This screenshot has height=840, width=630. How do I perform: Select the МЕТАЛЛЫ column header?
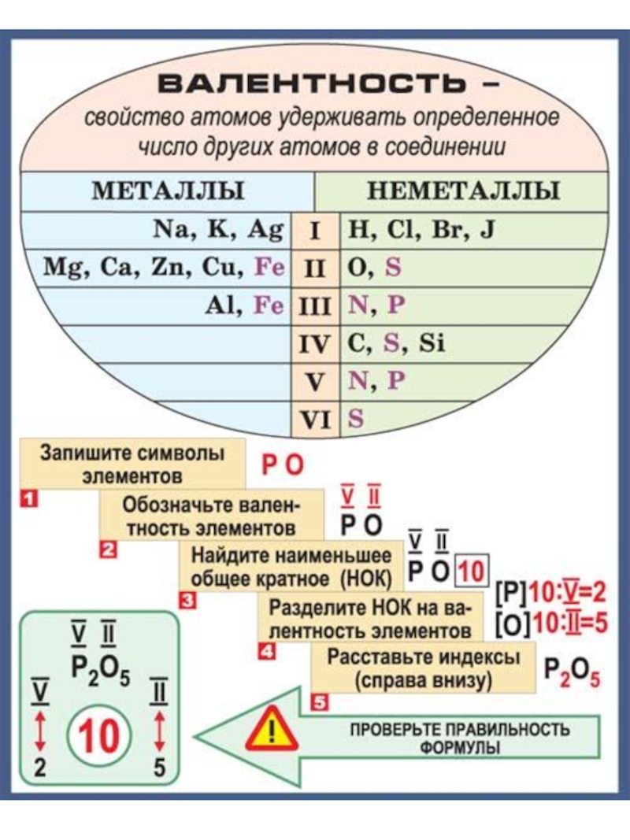tap(169, 191)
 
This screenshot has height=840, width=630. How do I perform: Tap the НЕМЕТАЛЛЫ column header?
tap(464, 191)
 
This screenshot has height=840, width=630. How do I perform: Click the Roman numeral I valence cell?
tap(314, 231)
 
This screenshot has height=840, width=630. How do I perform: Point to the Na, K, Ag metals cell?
tap(217, 230)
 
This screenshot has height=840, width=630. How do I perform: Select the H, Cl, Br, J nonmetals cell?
tap(421, 230)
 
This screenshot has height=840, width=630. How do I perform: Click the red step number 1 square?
tap(28, 498)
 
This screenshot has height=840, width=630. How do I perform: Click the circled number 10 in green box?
tap(99, 737)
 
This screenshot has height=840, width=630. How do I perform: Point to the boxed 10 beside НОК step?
tap(472, 571)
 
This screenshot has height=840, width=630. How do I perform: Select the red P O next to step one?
tap(282, 466)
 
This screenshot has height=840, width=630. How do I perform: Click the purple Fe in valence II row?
tap(268, 268)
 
